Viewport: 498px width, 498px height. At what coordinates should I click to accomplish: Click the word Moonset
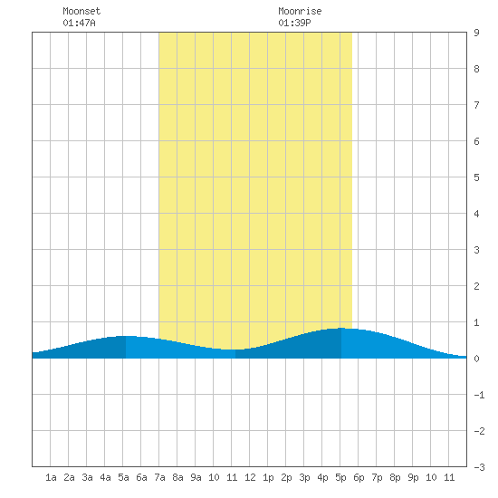tap(81, 11)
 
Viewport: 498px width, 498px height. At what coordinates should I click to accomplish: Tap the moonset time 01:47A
tap(79, 23)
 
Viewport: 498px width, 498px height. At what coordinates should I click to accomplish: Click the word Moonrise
tap(300, 11)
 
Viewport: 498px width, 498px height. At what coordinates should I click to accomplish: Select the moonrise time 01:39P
tap(294, 23)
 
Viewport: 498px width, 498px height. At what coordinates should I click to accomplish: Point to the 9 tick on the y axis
tap(476, 33)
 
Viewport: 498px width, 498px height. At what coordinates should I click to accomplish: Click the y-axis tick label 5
tap(476, 177)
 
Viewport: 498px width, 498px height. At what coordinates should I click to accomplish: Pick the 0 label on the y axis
tap(476, 359)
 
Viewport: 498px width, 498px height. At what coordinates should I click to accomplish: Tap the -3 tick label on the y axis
tap(479, 467)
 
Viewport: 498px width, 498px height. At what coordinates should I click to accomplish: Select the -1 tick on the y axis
tap(479, 395)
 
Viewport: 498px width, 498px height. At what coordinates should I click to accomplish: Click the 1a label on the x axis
tap(51, 477)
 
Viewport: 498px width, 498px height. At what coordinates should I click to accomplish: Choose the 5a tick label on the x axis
tap(123, 477)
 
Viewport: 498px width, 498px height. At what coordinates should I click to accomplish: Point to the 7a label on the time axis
tap(159, 477)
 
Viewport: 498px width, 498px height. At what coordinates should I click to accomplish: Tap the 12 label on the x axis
tap(250, 477)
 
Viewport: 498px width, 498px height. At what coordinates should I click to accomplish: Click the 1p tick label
tap(268, 477)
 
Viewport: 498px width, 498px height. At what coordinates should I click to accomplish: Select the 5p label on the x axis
tap(340, 477)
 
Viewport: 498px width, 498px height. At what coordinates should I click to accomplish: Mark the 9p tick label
tap(413, 477)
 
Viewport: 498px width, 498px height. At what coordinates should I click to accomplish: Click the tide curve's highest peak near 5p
tap(341, 328)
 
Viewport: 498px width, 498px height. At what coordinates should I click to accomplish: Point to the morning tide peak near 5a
tap(126, 336)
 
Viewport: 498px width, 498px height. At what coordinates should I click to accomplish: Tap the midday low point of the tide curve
tap(235, 350)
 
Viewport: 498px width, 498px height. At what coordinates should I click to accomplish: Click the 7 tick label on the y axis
tap(476, 105)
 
